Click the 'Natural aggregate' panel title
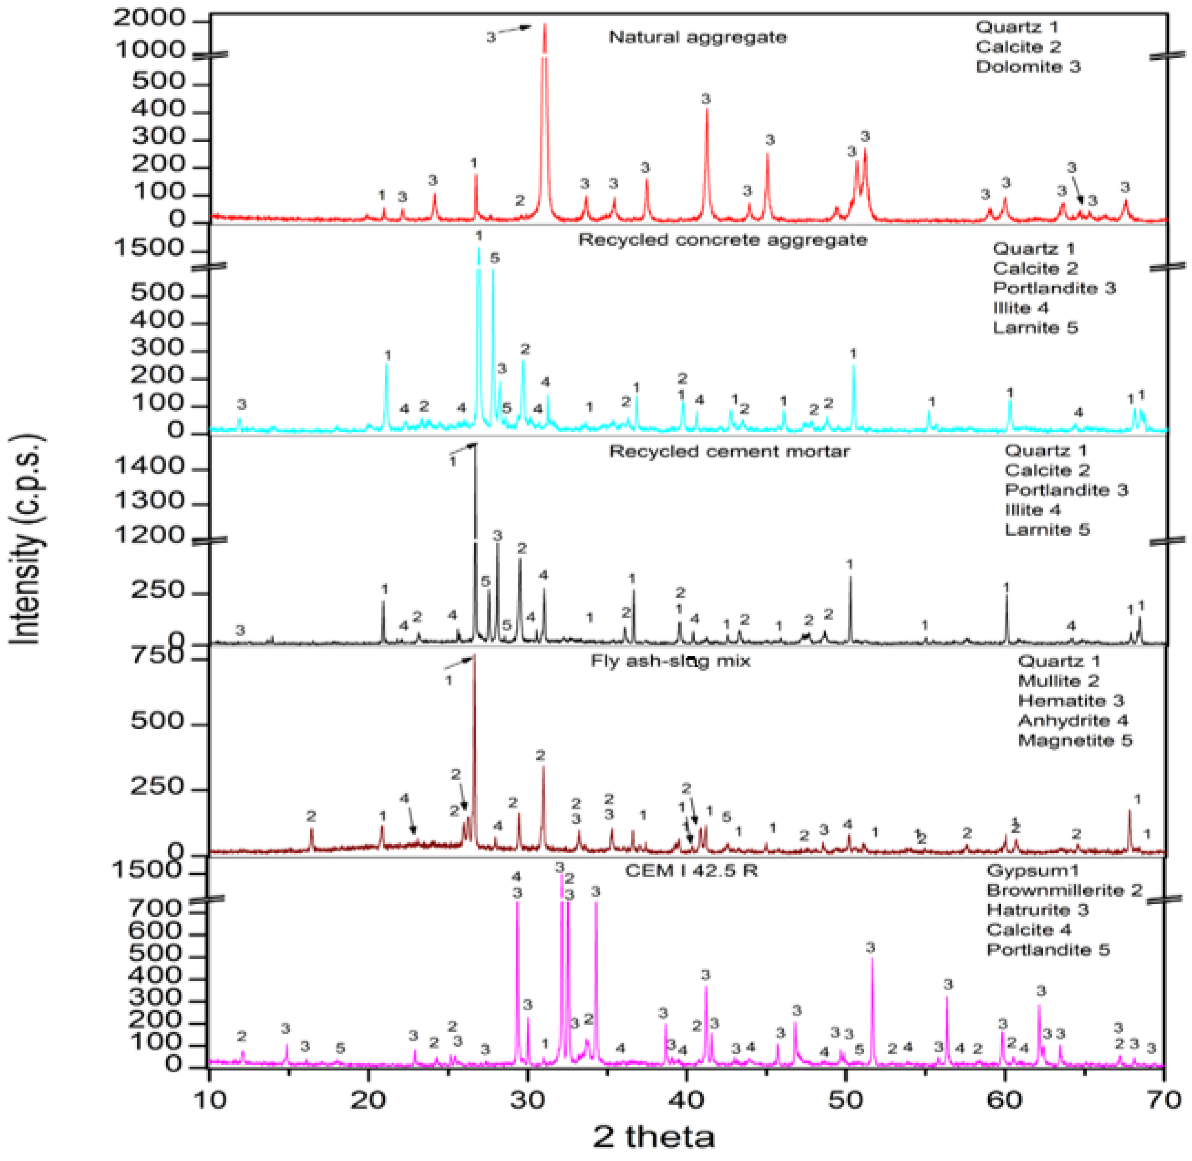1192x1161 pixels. coord(697,37)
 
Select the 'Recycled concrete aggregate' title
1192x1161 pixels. coord(722,239)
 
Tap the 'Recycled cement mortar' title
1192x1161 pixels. coord(729,452)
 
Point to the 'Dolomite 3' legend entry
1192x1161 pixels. coord(1028,66)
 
